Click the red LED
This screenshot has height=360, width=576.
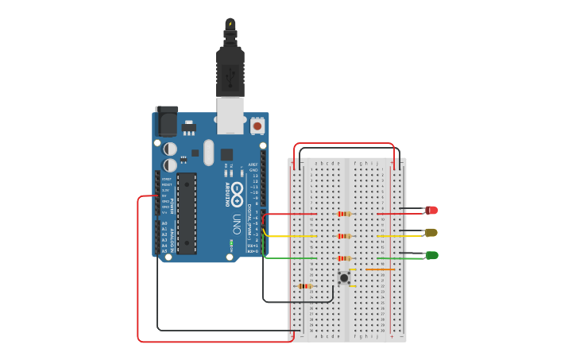coord(431,210)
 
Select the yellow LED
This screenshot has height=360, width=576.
coord(431,233)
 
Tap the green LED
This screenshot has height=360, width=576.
coord(431,255)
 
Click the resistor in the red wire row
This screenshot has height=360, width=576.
coord(344,214)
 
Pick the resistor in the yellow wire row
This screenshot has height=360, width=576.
coord(344,236)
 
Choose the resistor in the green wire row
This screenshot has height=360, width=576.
coord(344,258)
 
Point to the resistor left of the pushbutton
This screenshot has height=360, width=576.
coord(304,286)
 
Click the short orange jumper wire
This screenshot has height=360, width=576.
coord(379,269)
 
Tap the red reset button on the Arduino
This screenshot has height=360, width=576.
coord(257,126)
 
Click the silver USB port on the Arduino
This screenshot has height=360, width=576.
coord(230,116)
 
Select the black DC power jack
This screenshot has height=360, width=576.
coord(167,121)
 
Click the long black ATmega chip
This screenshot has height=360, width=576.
coord(186,213)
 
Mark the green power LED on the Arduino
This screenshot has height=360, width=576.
coord(230,242)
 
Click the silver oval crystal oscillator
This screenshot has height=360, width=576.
coord(209,153)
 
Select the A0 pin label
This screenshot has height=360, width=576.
coord(164,223)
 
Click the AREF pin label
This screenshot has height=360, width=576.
coord(253,165)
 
